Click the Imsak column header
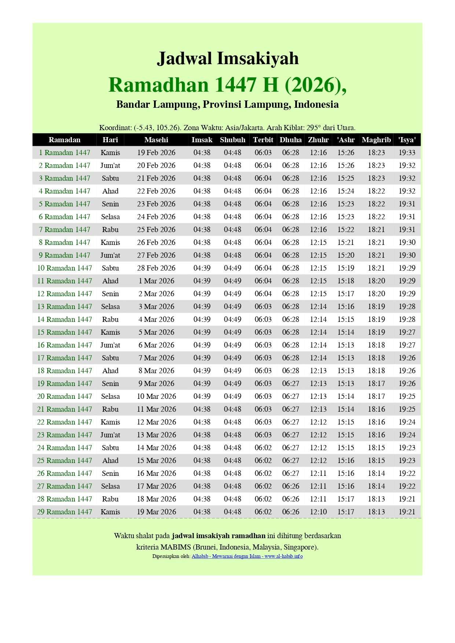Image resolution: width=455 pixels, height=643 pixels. (202, 140)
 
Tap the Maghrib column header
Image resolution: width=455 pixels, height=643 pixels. (376, 140)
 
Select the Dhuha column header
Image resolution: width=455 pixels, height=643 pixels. (290, 140)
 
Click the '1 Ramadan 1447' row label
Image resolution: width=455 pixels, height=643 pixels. (65, 153)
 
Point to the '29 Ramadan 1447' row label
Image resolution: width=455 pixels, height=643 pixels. (65, 512)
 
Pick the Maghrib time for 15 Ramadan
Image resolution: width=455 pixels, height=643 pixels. (376, 332)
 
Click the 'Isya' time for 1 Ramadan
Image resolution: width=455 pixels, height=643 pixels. (407, 153)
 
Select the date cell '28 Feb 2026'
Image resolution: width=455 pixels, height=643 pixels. (156, 268)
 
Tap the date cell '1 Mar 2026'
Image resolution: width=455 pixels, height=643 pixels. (156, 281)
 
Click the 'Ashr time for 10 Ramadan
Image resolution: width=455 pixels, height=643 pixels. (346, 268)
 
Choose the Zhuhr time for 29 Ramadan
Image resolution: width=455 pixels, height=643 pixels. (318, 512)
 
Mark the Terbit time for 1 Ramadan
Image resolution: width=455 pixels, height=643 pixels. (263, 153)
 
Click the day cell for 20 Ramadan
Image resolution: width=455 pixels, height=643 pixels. (110, 396)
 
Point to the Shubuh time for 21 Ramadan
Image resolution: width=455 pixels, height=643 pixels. (232, 409)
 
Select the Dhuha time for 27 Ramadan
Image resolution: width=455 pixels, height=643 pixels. (290, 486)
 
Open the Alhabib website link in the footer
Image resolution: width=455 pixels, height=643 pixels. (247, 556)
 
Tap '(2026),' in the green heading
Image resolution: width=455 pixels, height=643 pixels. (315, 85)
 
